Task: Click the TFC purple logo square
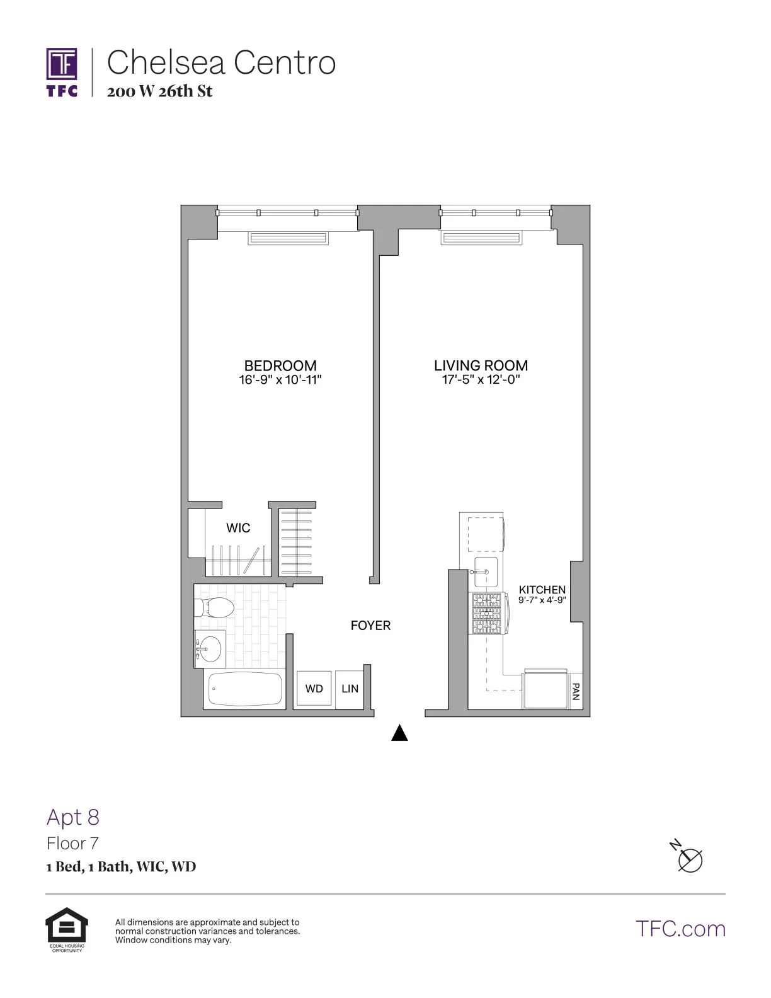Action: [x=62, y=64]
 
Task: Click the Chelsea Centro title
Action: [x=221, y=62]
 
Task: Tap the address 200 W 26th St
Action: [x=159, y=91]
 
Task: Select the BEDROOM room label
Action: [x=280, y=365]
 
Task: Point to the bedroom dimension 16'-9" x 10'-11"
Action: [x=280, y=380]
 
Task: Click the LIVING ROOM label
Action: [x=481, y=365]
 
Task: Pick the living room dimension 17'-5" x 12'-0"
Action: [x=481, y=380]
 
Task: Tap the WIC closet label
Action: [x=238, y=528]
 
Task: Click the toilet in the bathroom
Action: [x=215, y=608]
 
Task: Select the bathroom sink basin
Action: [x=210, y=648]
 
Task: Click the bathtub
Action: [x=245, y=689]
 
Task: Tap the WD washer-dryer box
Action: [x=314, y=689]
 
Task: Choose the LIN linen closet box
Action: [x=350, y=689]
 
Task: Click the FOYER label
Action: [x=370, y=626]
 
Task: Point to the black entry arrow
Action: [x=399, y=733]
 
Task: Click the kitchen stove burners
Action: [x=487, y=613]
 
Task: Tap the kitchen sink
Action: [x=486, y=571]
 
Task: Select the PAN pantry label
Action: [x=575, y=692]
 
